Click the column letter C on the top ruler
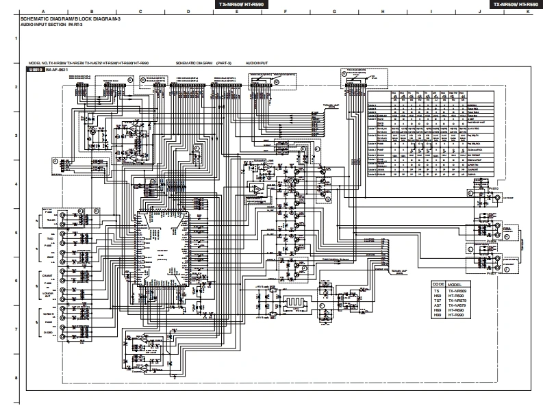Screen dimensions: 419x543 140,12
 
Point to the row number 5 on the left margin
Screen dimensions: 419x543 15,233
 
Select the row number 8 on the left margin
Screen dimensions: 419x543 15,377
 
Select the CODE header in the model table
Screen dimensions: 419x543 438,283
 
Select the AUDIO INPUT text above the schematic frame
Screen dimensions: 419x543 257,62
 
